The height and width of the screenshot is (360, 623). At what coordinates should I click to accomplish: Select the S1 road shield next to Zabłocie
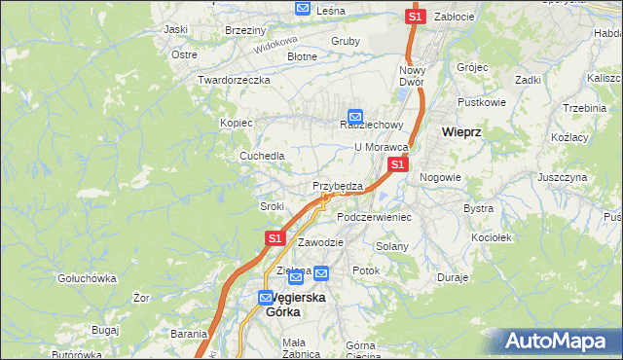[x=416, y=17]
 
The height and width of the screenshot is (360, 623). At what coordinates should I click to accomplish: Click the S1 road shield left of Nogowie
[x=397, y=165]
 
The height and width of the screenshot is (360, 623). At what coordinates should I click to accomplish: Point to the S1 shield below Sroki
[x=275, y=237]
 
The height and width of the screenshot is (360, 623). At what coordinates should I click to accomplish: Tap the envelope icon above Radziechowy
[x=355, y=114]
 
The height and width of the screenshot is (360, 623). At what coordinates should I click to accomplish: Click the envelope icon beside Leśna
[x=303, y=9]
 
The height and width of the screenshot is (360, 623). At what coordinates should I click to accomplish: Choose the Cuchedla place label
[x=263, y=156]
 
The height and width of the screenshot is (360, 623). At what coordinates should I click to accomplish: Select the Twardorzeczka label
[x=233, y=80]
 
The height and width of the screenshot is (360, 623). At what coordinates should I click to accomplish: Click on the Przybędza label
[x=338, y=186]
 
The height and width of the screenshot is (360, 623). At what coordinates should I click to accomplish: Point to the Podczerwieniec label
[x=375, y=217]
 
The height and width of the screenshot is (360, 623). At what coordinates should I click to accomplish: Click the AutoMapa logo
[x=559, y=342]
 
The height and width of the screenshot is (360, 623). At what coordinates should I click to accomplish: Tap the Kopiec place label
[x=237, y=124]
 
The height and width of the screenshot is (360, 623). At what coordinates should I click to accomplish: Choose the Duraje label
[x=454, y=277]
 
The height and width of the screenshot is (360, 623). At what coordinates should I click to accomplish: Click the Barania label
[x=188, y=333]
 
